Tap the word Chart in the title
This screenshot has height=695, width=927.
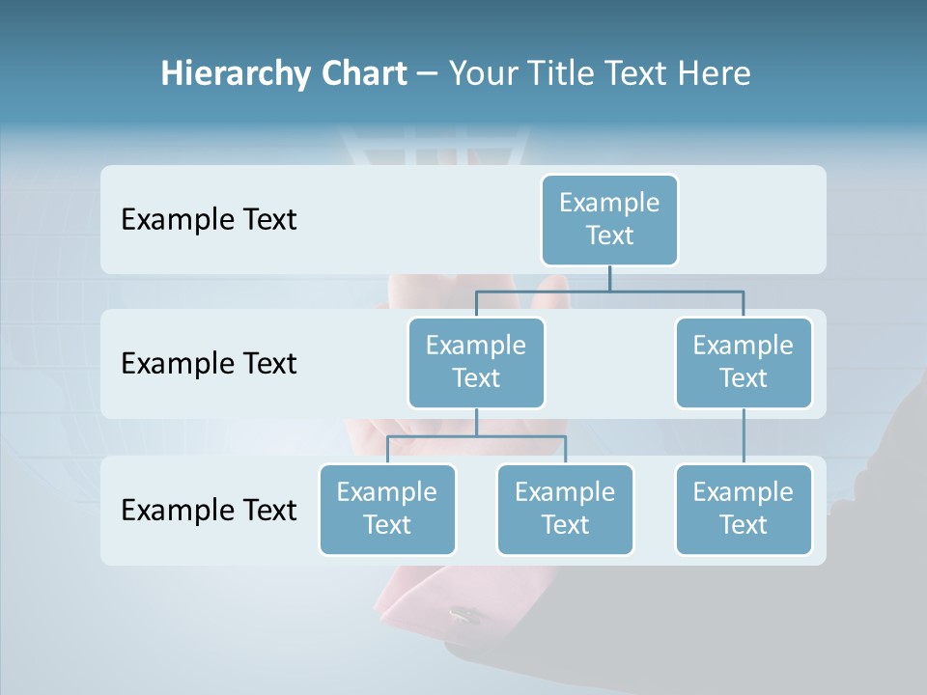click(x=362, y=74)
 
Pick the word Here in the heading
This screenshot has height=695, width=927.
click(x=714, y=74)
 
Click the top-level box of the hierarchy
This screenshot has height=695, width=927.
click(x=609, y=219)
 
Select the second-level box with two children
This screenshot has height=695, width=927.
click(x=476, y=362)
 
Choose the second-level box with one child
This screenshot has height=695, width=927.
click(x=744, y=362)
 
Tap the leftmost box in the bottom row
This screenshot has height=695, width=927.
click(x=387, y=509)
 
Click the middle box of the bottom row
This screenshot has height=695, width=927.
click(x=565, y=509)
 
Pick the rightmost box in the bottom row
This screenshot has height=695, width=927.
click(x=744, y=509)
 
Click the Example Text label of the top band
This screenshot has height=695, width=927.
click(x=209, y=220)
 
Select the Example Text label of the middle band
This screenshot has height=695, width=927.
click(x=209, y=364)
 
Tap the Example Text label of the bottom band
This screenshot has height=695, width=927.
click(x=209, y=510)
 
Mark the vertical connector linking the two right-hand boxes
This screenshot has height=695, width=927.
click(x=744, y=436)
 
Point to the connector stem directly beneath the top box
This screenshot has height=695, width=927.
click(x=609, y=278)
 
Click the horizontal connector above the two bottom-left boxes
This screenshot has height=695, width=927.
click(x=476, y=436)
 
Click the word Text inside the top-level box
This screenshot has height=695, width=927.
click(x=609, y=236)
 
